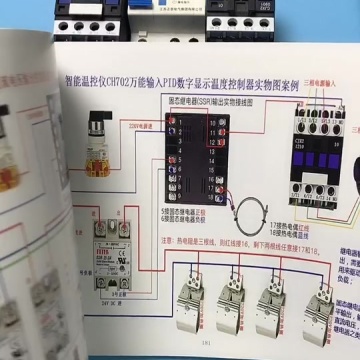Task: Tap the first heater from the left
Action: [189, 304]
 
